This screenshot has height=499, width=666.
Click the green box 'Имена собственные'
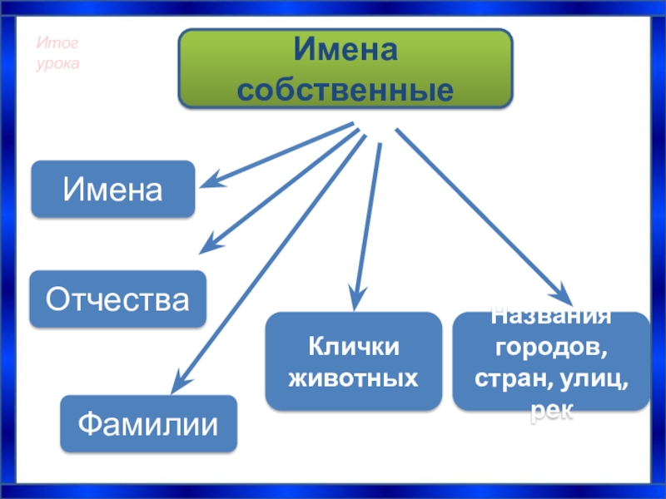[x=345, y=68]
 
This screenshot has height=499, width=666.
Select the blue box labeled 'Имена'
[x=112, y=190]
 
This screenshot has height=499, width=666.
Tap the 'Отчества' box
[x=117, y=298]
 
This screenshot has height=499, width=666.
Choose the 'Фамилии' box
[x=148, y=424]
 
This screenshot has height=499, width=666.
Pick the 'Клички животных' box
[x=353, y=361]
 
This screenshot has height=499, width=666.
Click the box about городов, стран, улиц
[x=550, y=361]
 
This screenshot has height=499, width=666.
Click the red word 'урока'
[x=57, y=63]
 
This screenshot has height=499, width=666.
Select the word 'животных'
[x=353, y=378]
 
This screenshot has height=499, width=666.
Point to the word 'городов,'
[x=550, y=343]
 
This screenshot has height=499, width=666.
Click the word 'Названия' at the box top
[x=550, y=317]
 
